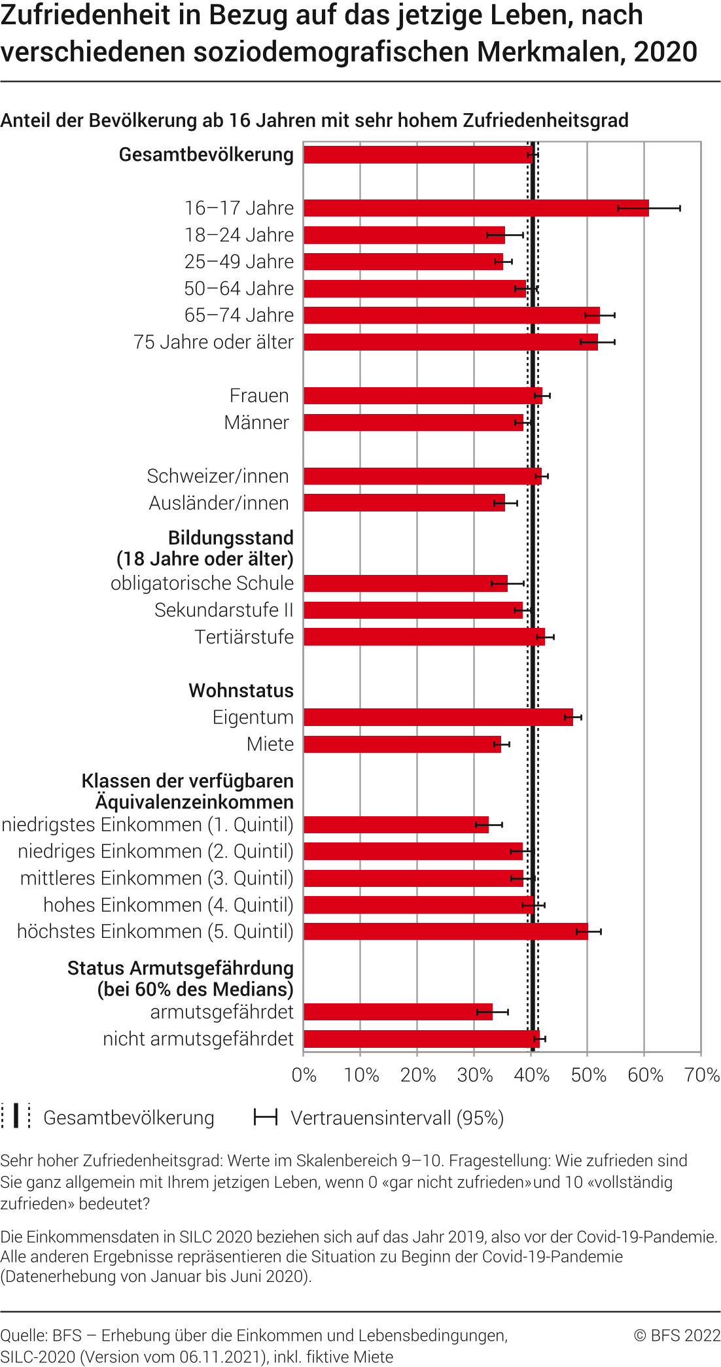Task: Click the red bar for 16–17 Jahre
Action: click(476, 208)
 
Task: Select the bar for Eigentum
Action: click(438, 718)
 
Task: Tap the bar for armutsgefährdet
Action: click(398, 1012)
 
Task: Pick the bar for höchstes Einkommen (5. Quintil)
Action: click(446, 931)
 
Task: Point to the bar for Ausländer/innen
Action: click(404, 503)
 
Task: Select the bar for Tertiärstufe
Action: click(424, 637)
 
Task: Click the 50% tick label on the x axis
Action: click(588, 1075)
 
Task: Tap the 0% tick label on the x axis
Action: click(304, 1075)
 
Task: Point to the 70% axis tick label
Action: click(702, 1075)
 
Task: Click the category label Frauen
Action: click(259, 396)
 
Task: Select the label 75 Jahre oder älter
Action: click(213, 342)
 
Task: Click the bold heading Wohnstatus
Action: click(241, 691)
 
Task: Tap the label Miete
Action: click(270, 744)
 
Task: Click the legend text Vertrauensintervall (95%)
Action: click(397, 1118)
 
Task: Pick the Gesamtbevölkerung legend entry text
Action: click(129, 1118)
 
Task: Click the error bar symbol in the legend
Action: click(266, 1117)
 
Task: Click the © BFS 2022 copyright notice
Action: click(677, 1336)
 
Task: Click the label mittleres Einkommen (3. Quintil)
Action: click(157, 878)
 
